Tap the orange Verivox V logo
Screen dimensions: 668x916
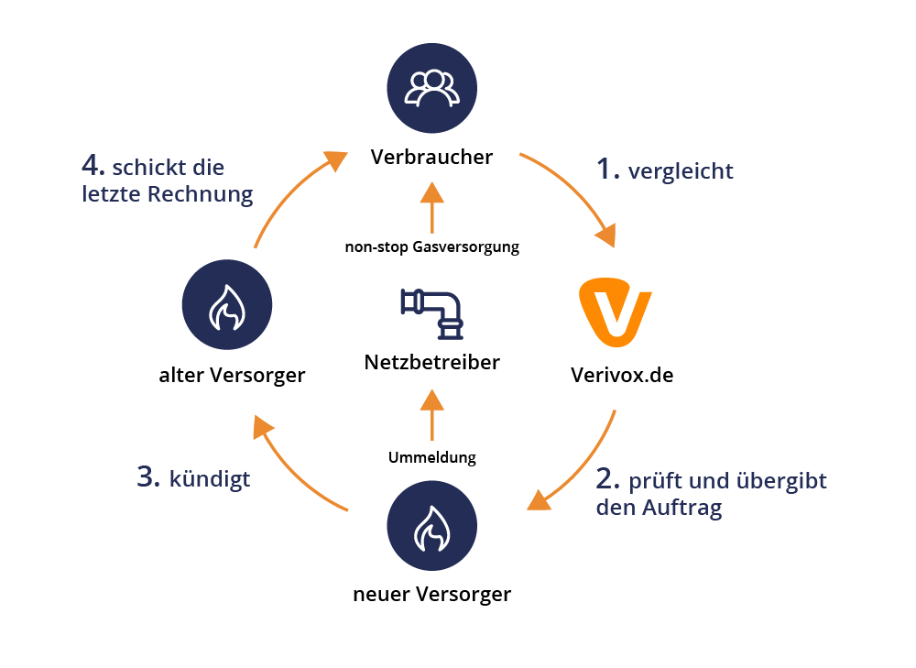point(616,317)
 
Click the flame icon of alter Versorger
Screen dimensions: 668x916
point(227,308)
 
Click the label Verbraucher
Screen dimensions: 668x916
point(431,157)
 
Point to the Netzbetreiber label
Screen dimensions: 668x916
point(432,362)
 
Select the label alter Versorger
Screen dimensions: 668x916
point(231,375)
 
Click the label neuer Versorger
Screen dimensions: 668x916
point(431,594)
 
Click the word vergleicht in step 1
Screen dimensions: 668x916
point(681,170)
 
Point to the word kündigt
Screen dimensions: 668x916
point(210,478)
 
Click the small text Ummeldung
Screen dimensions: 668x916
point(432,456)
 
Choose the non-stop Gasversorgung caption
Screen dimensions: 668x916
point(431,246)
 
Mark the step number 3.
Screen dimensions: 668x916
point(148,476)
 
